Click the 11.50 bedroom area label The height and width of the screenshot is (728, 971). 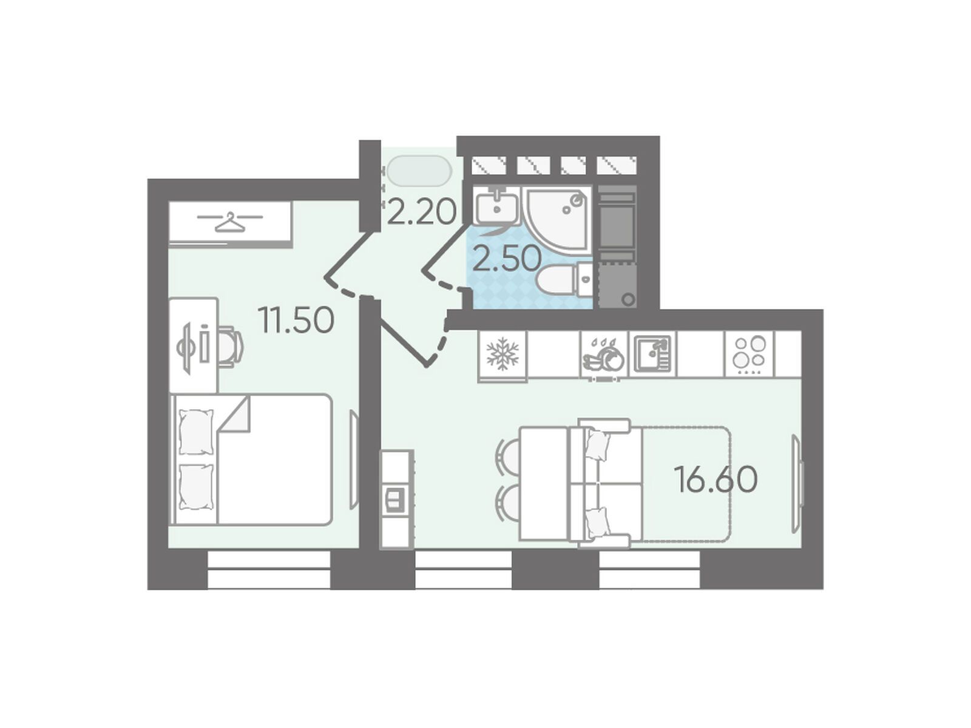coord(297,321)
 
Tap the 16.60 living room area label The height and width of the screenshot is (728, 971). coord(716,479)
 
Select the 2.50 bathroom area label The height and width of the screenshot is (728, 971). coord(507,259)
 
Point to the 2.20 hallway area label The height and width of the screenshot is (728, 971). coord(421,212)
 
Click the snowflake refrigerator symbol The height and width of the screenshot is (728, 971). coord(502,354)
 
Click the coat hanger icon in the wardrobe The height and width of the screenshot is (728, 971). coord(229,222)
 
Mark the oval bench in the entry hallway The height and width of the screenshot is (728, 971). coord(419,171)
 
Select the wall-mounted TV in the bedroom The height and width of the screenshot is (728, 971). coord(354,460)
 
